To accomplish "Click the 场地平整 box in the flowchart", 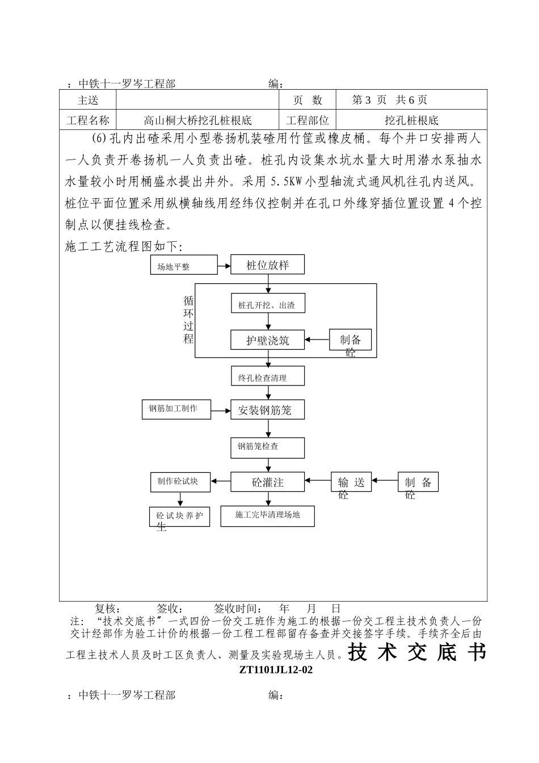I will click(183, 265).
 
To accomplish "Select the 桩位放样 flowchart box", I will click(267, 265).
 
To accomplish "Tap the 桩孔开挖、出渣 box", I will click(267, 305).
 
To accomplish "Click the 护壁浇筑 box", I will click(267, 340).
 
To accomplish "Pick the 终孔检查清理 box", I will click(267, 376).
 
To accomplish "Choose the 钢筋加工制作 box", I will click(175, 409).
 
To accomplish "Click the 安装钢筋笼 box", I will click(267, 409).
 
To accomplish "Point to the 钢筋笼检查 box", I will click(267, 447).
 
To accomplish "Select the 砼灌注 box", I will click(267, 482).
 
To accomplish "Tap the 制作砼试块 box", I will click(180, 481).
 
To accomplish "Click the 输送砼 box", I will click(351, 482).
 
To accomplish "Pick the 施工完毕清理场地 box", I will click(267, 515).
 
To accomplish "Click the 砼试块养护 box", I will click(179, 517).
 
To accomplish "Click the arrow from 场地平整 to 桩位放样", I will click(224, 265).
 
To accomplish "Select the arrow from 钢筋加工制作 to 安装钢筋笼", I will click(221, 409).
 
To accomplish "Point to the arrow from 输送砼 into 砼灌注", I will click(318, 482).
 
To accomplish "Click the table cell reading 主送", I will click(88, 100).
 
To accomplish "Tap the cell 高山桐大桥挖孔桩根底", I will click(197, 120).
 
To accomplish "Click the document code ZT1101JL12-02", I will click(276, 669).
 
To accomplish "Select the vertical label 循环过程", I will click(188, 320).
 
